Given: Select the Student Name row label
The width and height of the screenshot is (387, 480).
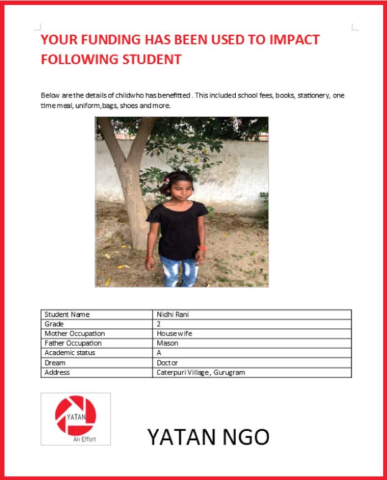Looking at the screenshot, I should click(x=67, y=315).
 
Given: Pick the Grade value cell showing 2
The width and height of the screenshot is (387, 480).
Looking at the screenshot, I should click(x=159, y=324).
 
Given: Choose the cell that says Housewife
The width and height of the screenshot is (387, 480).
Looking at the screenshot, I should click(x=175, y=333).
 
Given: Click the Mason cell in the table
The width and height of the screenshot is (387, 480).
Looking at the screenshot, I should click(x=168, y=343).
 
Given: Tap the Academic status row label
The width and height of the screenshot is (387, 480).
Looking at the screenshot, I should click(x=70, y=353).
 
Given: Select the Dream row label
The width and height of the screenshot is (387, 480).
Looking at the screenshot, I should click(x=55, y=362).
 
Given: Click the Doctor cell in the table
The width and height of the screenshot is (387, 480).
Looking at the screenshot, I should click(x=168, y=362).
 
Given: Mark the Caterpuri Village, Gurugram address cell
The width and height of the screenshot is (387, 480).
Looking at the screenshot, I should click(x=201, y=372).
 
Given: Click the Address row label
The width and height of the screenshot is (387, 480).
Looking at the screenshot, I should click(x=57, y=372).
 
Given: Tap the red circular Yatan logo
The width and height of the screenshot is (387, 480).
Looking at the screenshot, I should click(x=75, y=415).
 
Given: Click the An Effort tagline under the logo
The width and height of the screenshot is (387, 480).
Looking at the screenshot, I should click(x=84, y=440).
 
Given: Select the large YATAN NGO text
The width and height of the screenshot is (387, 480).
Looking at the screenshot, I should click(x=208, y=437).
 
